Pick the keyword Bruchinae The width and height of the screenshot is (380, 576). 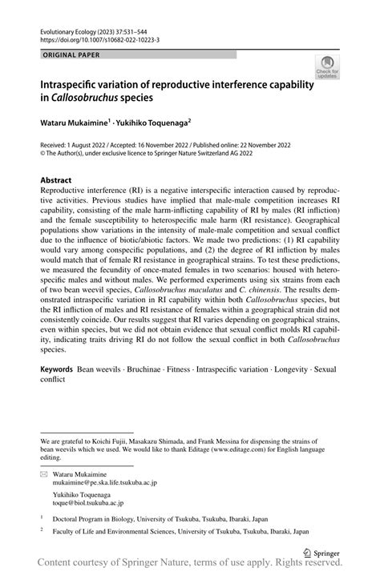(146, 372)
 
